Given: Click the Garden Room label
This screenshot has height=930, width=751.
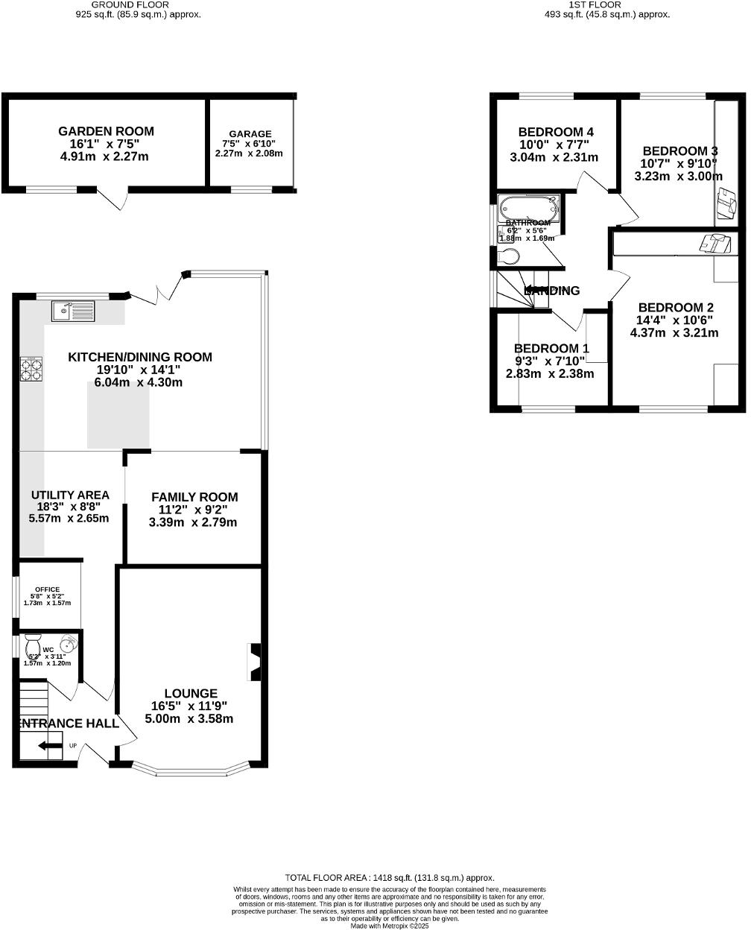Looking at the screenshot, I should pos(106,131).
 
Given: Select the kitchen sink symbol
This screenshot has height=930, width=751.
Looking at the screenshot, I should pos(72,310).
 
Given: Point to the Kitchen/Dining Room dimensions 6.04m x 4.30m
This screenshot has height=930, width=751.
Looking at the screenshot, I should pos(139,382).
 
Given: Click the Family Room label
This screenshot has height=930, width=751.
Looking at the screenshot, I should pos(194,497).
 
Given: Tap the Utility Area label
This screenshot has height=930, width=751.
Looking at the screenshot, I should pos(70,495).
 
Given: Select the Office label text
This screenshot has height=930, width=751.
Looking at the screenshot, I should pos(47,589).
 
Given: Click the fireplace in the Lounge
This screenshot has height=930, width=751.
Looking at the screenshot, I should pos(254,662).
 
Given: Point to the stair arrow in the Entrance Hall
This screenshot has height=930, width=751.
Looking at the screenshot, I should pos(51,745).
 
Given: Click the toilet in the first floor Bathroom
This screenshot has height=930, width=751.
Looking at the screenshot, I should pos(508,257).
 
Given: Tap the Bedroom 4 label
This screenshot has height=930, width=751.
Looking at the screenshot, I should pos(556,133).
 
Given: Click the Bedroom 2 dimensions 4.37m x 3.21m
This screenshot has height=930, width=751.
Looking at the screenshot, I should pos(674,332).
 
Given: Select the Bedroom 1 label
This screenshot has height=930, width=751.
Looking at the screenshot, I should pos(551,348).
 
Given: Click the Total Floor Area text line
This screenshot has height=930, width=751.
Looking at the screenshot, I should pos(390,878).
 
